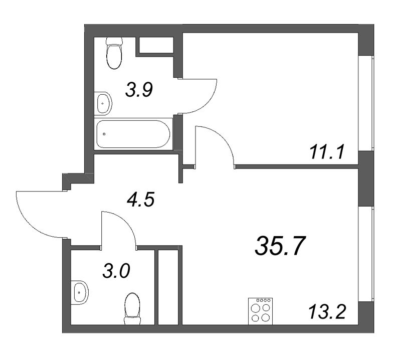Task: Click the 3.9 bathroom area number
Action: pyautogui.click(x=138, y=91)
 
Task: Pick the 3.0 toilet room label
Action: pyautogui.click(x=116, y=273)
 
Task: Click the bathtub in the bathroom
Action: pyautogui.click(x=134, y=133)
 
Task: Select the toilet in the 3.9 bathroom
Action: pyautogui.click(x=114, y=54)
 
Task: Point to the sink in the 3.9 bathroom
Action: pyautogui.click(x=104, y=104)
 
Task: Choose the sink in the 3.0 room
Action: pyautogui.click(x=80, y=291)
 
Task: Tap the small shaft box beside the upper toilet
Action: pyautogui.click(x=155, y=45)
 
